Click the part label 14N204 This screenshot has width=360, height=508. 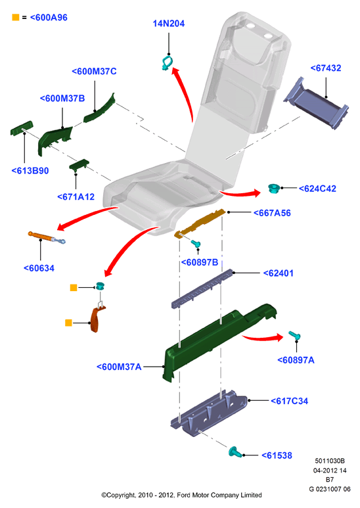(x=169, y=23)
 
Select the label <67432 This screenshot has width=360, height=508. (x=326, y=68)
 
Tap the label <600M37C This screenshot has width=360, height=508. (x=94, y=71)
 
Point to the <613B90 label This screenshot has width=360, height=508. (x=30, y=171)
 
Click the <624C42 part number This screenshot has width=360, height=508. (x=317, y=189)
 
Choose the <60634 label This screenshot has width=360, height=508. (x=39, y=268)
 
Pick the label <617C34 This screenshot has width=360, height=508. (x=290, y=401)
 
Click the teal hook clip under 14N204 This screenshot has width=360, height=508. (x=167, y=63)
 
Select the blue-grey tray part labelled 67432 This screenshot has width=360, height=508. (x=315, y=103)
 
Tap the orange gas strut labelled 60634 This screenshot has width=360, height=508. (x=47, y=237)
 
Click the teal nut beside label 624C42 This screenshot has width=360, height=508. (x=274, y=188)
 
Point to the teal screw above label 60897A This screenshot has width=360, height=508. (x=294, y=335)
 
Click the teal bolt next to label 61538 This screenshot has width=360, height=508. (x=235, y=451)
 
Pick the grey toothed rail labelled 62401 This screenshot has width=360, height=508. (x=202, y=288)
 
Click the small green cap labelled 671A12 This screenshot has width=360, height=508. (x=79, y=164)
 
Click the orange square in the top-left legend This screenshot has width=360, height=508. (x=16, y=17)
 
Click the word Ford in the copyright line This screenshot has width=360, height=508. (x=183, y=495)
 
